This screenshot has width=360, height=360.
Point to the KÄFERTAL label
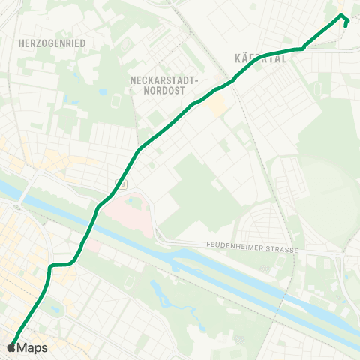point(261,58)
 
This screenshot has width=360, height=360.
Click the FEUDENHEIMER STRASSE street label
point(252,248)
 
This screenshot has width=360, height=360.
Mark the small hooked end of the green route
point(345,22)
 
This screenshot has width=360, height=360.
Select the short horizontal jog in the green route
point(60,265)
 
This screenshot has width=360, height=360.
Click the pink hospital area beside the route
point(124,214)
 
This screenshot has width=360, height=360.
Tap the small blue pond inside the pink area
point(135,201)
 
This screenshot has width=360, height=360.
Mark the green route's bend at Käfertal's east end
point(303,49)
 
